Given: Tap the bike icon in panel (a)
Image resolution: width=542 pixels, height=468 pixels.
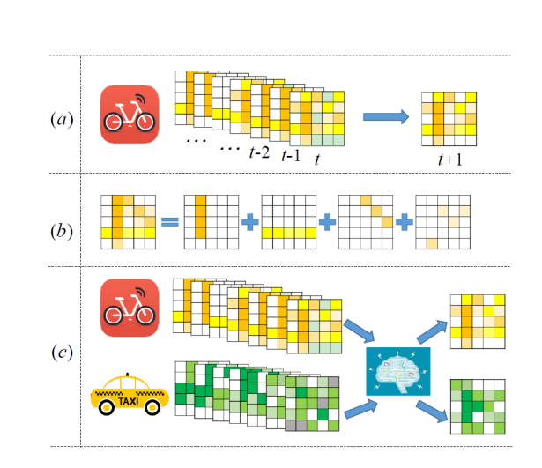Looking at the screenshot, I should (130, 115).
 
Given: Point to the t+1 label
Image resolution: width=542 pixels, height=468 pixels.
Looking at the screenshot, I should (449, 158).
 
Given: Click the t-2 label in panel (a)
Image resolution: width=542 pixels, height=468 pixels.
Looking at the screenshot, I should (259, 152).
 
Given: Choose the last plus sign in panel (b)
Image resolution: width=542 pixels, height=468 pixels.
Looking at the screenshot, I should (405, 221).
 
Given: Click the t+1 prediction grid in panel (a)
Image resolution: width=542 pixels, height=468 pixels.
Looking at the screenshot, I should (450, 116).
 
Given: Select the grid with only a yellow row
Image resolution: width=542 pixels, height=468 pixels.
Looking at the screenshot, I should (286, 221).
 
